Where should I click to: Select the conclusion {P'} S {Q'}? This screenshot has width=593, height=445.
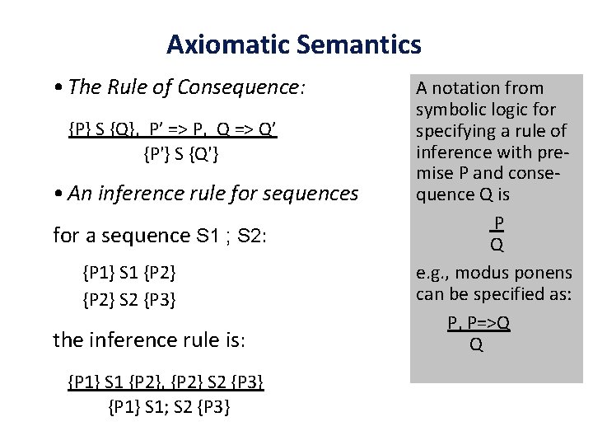(180, 153)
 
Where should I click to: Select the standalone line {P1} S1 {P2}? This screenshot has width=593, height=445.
(128, 272)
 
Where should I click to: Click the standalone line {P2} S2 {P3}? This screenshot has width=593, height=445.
(128, 300)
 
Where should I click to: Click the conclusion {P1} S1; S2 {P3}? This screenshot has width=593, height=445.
(169, 407)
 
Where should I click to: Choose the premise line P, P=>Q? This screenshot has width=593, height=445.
(479, 323)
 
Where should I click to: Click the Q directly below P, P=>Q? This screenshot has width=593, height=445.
(475, 345)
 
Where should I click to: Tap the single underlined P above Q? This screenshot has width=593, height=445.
(497, 222)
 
